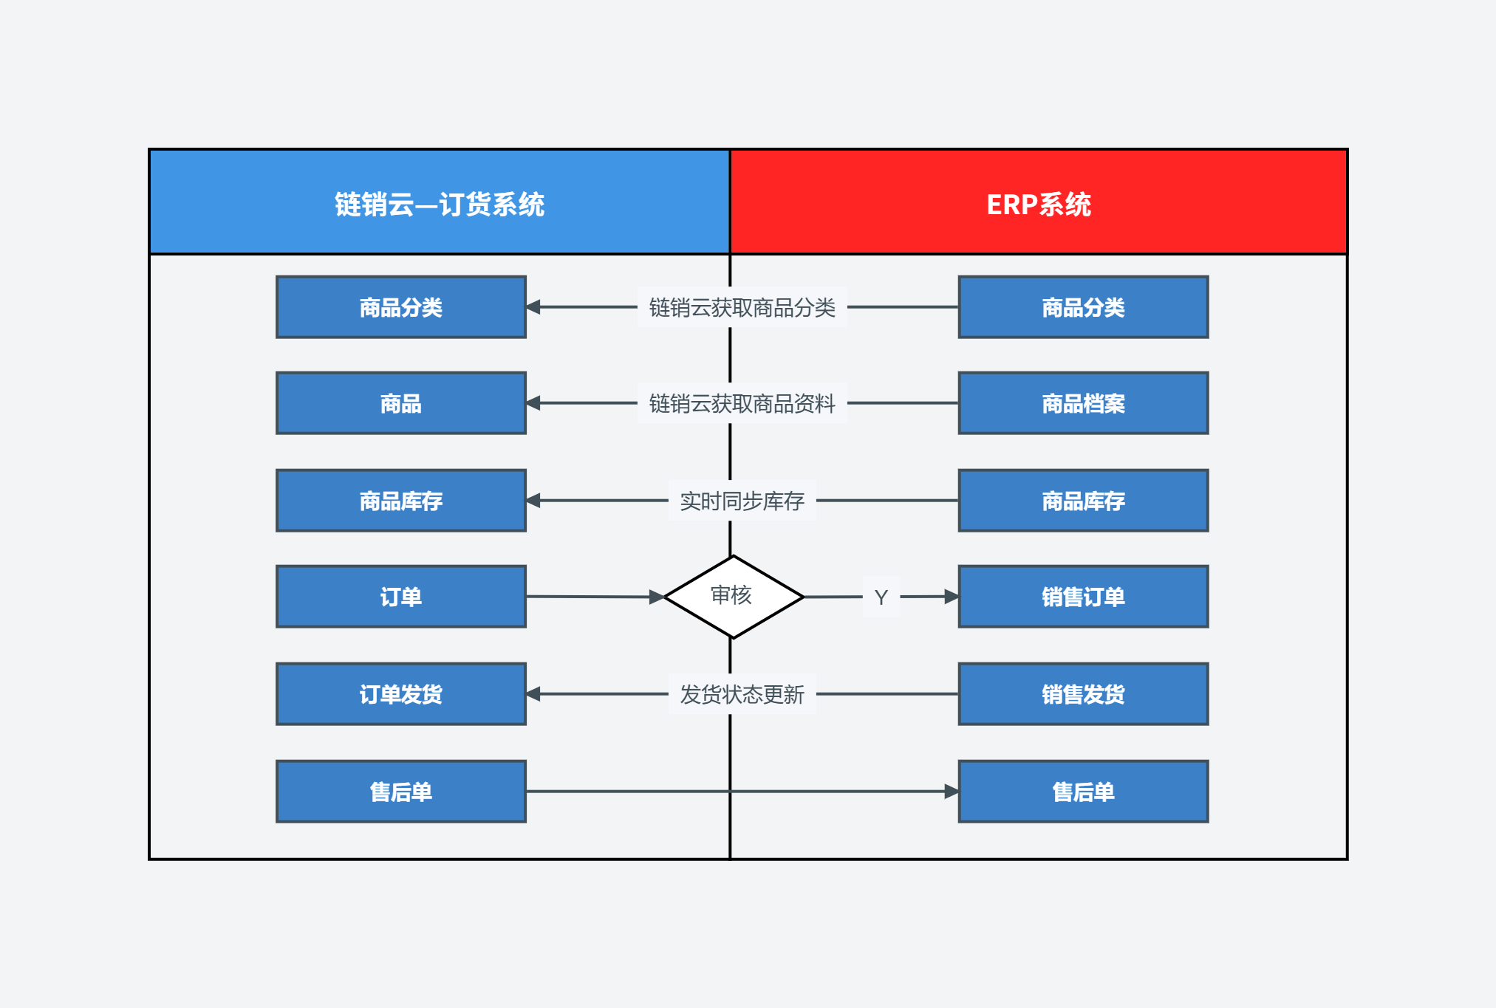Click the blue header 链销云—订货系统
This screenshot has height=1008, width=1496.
click(x=440, y=202)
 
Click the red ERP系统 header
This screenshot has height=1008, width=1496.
click(x=1039, y=202)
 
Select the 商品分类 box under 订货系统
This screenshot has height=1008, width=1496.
click(x=401, y=307)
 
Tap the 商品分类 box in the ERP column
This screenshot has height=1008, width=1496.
click(x=1083, y=307)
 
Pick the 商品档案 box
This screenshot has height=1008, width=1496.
click(x=1083, y=403)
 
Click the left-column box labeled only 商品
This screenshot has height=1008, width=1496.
click(x=401, y=403)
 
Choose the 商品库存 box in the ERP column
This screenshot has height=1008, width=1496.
click(x=1083, y=501)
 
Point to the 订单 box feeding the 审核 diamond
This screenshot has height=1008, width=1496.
click(x=401, y=597)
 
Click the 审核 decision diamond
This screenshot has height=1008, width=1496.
click(x=734, y=597)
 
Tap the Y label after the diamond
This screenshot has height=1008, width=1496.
click(x=881, y=597)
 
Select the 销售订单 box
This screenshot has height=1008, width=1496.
click(x=1083, y=597)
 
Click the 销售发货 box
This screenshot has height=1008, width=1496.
click(x=1083, y=694)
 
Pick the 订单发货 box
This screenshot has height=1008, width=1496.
click(x=401, y=694)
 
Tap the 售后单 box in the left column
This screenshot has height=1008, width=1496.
click(x=401, y=792)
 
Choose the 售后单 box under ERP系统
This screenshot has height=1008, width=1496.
click(x=1083, y=792)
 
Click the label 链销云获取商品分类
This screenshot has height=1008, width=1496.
click(x=742, y=307)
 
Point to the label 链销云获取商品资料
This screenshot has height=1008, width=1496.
click(x=742, y=403)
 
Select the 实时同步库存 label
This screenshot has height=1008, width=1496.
click(x=742, y=501)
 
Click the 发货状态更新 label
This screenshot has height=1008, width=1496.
click(x=742, y=694)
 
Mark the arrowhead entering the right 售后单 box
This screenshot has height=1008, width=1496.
click(x=952, y=792)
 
